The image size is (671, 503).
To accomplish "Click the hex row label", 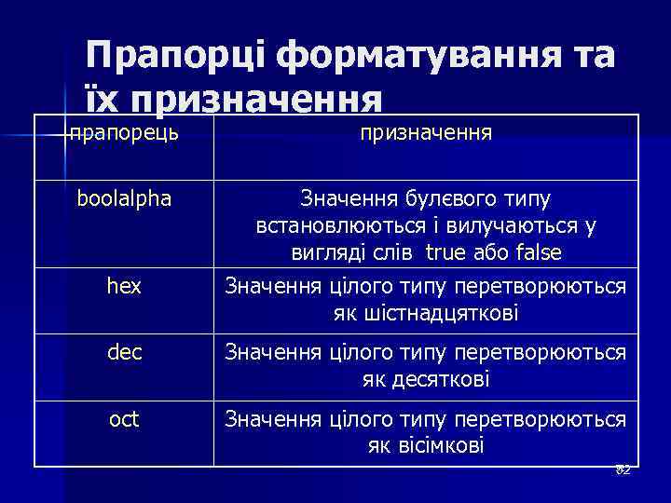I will [x=124, y=287].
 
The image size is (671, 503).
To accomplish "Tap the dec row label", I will [x=124, y=353].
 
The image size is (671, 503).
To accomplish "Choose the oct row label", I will [x=124, y=419].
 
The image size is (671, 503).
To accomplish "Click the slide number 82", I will [x=623, y=469].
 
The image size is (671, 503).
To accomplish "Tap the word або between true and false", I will [x=491, y=253].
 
